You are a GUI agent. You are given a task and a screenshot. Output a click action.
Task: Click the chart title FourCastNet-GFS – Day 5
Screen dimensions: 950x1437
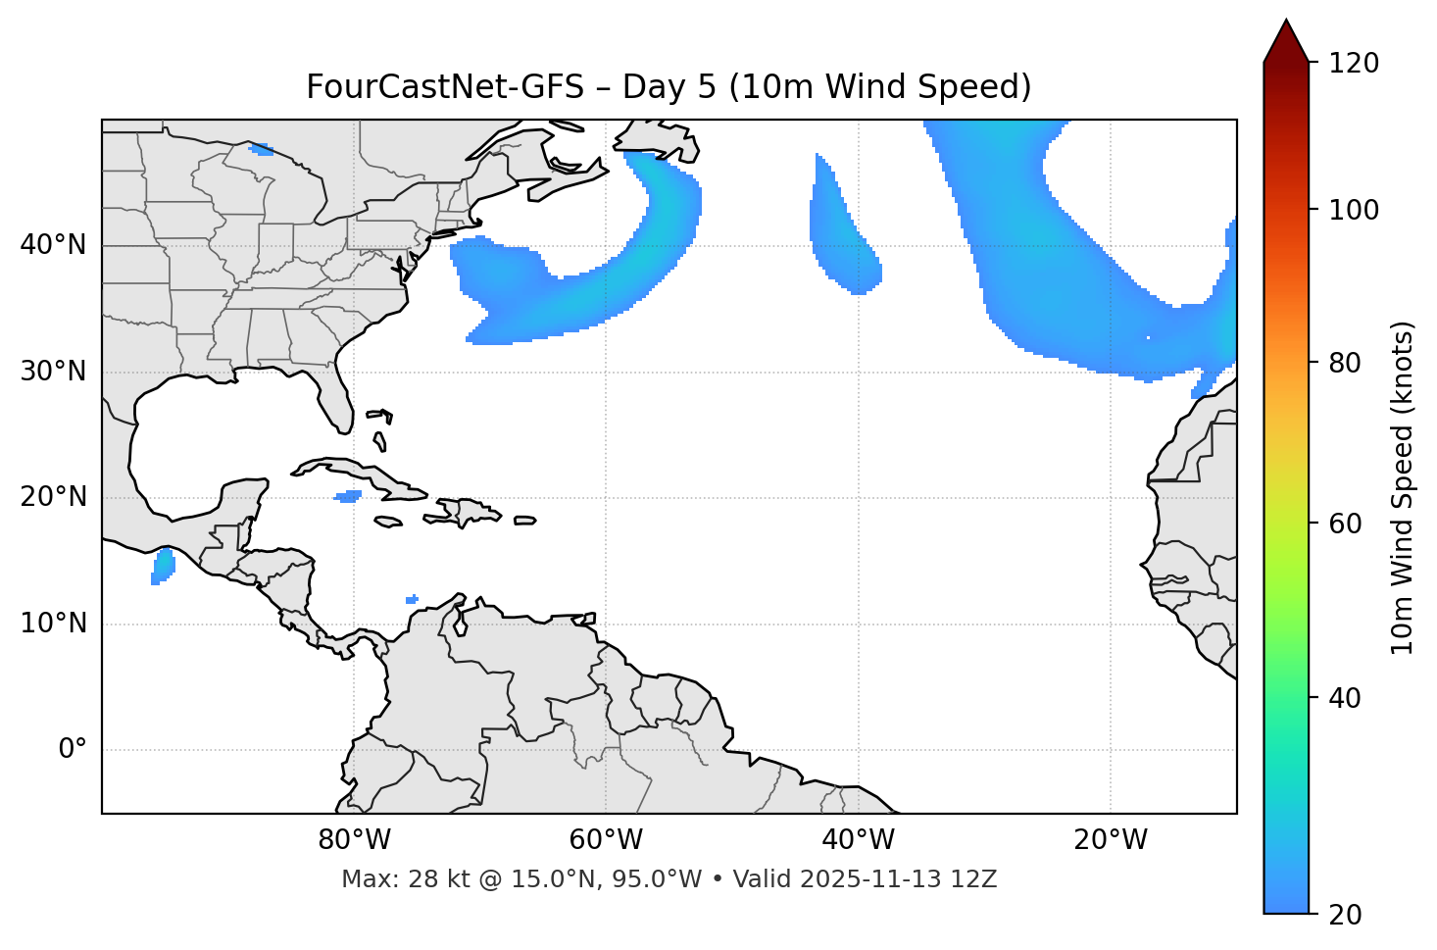click(x=669, y=87)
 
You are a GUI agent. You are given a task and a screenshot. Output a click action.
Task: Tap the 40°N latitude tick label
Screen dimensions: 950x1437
click(x=53, y=245)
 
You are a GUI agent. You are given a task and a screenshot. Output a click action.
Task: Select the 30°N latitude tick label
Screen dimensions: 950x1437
click(x=53, y=372)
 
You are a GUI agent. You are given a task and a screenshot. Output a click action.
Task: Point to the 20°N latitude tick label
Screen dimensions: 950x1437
click(x=53, y=497)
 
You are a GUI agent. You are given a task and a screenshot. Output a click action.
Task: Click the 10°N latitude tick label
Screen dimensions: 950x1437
click(x=53, y=624)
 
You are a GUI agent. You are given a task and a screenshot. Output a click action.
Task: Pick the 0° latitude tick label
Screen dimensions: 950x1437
click(x=73, y=750)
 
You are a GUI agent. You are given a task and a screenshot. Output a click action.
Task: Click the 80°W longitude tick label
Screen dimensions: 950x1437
click(x=354, y=840)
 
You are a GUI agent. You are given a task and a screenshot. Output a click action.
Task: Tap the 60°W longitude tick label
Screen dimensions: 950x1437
click(x=606, y=840)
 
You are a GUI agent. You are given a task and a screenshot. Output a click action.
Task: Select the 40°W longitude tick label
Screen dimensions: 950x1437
click(x=858, y=840)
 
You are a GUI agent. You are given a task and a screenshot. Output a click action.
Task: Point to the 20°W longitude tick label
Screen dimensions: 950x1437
click(x=1111, y=840)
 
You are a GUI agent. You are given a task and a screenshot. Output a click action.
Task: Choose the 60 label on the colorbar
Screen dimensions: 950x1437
click(x=1346, y=524)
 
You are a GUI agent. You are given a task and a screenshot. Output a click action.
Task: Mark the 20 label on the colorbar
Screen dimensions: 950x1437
click(x=1346, y=915)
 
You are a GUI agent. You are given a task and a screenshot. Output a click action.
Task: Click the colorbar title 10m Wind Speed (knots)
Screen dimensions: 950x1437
click(x=1403, y=488)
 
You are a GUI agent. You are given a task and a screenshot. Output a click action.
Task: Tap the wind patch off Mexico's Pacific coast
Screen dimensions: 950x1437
click(x=163, y=567)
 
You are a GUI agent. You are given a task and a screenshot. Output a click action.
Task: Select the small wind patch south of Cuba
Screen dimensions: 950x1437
click(x=348, y=496)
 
